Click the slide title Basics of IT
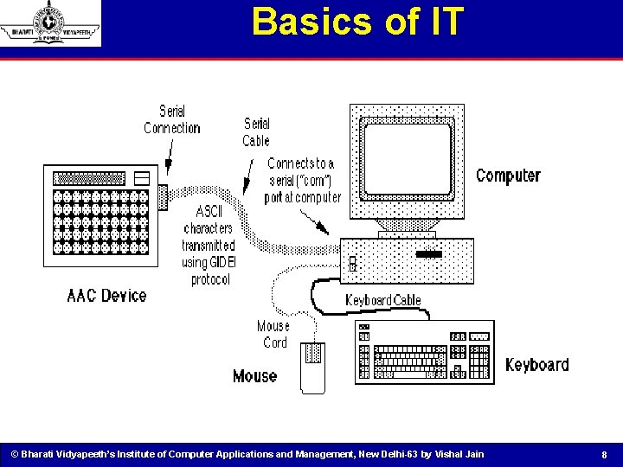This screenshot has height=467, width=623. coord(357,22)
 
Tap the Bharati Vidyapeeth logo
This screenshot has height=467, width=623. coord(50,23)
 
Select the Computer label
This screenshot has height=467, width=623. coord(508,176)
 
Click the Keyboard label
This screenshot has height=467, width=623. coord(536,364)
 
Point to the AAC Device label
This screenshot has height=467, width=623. coord(107,296)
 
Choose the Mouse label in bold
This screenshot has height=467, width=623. coord(254,376)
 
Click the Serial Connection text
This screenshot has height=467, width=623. coord(171,119)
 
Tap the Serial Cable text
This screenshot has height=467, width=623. coord(256,132)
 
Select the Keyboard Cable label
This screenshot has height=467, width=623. coord(383,300)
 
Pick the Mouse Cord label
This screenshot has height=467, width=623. coord(273,334)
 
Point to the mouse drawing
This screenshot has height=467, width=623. coord(312,368)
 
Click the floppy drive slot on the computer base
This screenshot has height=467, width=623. coord(428,254)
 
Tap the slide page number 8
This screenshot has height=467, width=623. coord(604,455)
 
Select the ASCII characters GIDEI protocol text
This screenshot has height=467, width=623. coord(209,246)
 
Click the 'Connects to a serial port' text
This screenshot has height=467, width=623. coord(302,180)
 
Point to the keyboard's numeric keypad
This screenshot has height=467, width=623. coord(478,358)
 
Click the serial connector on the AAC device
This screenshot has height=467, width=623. coord(164,197)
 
